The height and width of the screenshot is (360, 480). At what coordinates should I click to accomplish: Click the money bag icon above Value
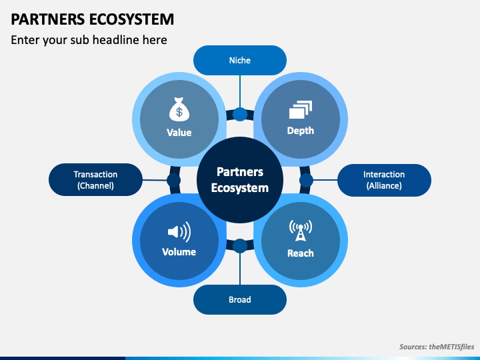[x=179, y=109]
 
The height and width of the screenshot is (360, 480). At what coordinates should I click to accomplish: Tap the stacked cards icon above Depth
[x=301, y=109]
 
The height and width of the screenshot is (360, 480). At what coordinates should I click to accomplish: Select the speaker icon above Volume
[x=179, y=232]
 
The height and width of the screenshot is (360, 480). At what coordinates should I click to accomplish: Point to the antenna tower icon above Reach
[x=301, y=230]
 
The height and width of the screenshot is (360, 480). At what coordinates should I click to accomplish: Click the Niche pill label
[x=240, y=60]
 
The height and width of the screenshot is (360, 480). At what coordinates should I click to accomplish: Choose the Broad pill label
[x=240, y=299]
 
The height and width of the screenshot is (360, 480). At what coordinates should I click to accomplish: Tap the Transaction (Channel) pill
[x=95, y=180]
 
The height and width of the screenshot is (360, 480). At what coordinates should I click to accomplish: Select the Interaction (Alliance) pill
[x=384, y=180]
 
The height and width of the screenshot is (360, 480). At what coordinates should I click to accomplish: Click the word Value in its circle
[x=179, y=133]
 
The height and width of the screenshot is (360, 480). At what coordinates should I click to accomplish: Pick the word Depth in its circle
[x=301, y=131]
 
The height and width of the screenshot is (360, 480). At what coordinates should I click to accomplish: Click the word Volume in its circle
[x=179, y=252]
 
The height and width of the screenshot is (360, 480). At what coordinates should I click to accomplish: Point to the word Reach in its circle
[x=301, y=253]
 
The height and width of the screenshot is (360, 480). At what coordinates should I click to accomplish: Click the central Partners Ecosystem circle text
[x=240, y=180]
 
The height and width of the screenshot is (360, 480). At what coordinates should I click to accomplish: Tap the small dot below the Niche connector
[x=240, y=114]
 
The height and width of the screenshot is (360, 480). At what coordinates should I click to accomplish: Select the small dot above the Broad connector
[x=240, y=246]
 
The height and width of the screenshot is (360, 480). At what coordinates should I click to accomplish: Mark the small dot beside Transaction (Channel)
[x=174, y=180]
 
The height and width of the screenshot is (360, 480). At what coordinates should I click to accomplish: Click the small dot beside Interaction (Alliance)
[x=306, y=180]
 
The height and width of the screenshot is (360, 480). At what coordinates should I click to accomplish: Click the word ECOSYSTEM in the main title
[x=132, y=19]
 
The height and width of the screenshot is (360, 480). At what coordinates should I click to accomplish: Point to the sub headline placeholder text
[x=89, y=40]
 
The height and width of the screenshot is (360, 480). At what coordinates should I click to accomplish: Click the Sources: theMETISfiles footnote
[x=437, y=347]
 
